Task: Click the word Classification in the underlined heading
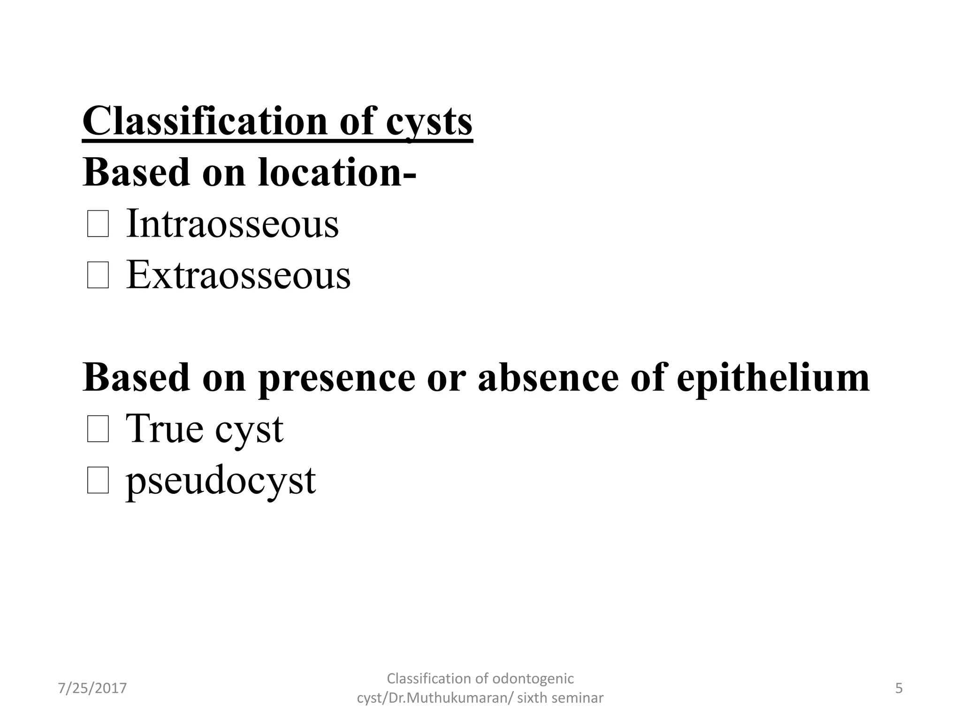pyautogui.click(x=205, y=121)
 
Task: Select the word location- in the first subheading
pyautogui.click(x=337, y=172)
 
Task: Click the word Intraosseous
pyautogui.click(x=232, y=224)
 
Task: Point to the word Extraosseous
pyautogui.click(x=238, y=275)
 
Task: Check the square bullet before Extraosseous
pyautogui.click(x=98, y=276)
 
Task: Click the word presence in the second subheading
pyautogui.click(x=336, y=378)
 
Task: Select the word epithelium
pyautogui.click(x=773, y=378)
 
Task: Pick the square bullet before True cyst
pyautogui.click(x=98, y=430)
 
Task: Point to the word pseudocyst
pyautogui.click(x=221, y=481)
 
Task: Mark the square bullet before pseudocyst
pyautogui.click(x=98, y=481)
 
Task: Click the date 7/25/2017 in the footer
pyautogui.click(x=92, y=688)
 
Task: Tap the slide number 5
pyautogui.click(x=899, y=688)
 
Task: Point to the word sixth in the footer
pyautogui.click(x=531, y=698)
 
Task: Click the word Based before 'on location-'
pyautogui.click(x=136, y=172)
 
